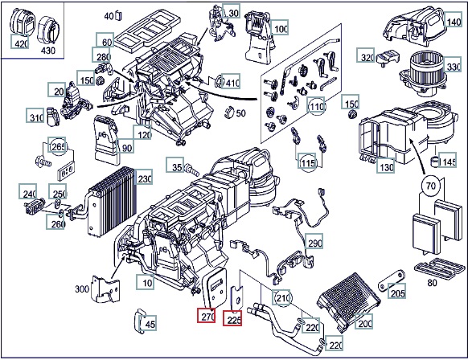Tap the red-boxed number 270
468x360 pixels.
coord(206,316)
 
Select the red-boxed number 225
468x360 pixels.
coord(232,318)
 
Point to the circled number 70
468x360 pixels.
coord(431,186)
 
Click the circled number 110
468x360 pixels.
coord(317,106)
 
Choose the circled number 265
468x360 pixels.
coord(57,146)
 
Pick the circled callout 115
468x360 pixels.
coord(308,162)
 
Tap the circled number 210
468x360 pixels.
coord(281,297)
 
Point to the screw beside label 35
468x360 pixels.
coord(192,170)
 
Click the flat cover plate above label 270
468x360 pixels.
coord(214,287)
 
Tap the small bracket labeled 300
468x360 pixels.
coord(105,289)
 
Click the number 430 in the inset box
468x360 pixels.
coord(47,50)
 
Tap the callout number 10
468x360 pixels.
coord(146,282)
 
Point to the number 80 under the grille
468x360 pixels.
coord(432,282)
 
